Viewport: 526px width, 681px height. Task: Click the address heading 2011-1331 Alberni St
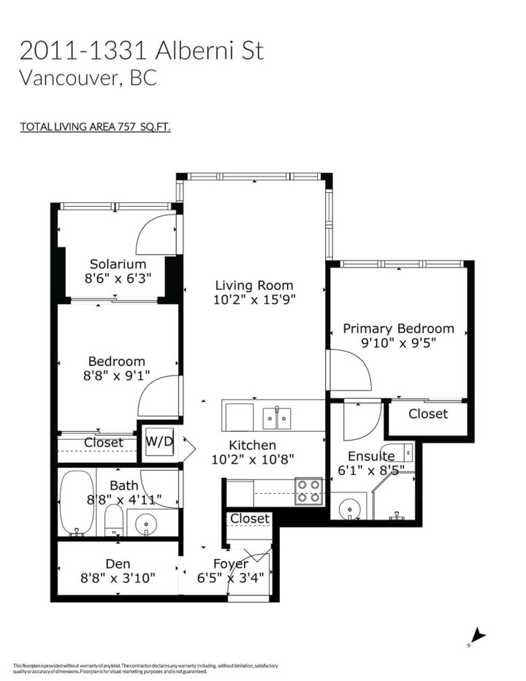point(141,50)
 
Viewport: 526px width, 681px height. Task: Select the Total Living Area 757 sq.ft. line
point(95,126)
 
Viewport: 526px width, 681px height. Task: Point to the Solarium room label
point(118,264)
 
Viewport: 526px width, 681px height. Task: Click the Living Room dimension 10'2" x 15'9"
point(254,300)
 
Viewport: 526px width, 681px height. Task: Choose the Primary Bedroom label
point(398,329)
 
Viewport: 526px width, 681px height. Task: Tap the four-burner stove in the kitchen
point(309,491)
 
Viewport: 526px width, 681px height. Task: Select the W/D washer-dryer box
point(159,443)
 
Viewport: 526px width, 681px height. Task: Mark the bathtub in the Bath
point(76,502)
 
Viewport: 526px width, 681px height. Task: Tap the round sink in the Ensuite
point(350,506)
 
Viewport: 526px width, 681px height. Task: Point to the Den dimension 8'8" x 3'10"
point(118,578)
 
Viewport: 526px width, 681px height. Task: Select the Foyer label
point(230,564)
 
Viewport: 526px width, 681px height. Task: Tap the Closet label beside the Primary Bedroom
point(427,414)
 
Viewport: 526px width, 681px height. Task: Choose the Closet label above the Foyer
point(249,519)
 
